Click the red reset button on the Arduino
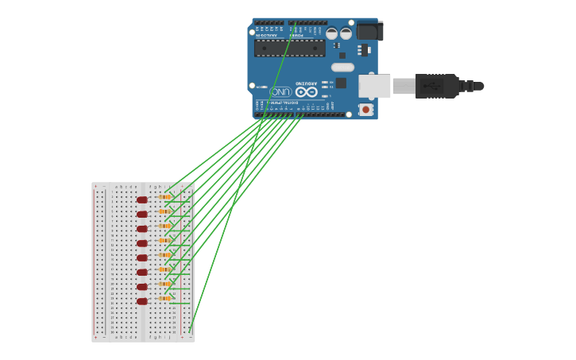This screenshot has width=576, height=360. tap(365, 109)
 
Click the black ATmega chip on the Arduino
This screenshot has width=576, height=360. tap(289, 48)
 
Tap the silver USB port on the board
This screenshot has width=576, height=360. tap(374, 86)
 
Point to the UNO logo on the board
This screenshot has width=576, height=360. tap(280, 92)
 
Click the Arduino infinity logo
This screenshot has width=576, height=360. tap(307, 91)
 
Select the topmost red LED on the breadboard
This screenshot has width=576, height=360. tap(142, 199)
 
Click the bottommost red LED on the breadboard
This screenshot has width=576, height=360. tap(142, 301)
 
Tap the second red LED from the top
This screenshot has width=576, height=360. tap(142, 214)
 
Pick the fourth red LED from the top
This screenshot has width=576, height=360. tap(142, 243)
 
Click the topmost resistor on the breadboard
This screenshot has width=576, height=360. tap(164, 196)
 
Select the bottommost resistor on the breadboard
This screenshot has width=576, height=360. tap(164, 298)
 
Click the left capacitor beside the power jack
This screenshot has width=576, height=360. tap(331, 33)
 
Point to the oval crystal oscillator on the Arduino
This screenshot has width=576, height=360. tap(342, 68)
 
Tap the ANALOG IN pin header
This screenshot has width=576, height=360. tap(269, 23)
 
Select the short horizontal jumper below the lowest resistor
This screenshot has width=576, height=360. tap(180, 304)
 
